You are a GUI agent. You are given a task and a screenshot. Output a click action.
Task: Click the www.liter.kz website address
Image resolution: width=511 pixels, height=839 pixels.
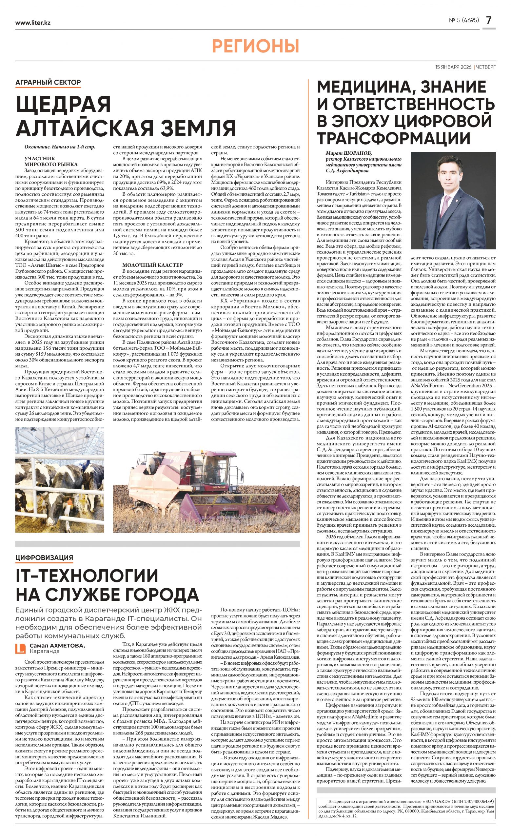(33, 23)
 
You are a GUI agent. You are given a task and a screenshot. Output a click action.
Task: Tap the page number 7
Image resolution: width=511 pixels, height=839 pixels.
(488, 20)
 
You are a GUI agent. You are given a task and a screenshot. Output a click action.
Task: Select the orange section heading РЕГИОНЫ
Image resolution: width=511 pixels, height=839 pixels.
(255, 46)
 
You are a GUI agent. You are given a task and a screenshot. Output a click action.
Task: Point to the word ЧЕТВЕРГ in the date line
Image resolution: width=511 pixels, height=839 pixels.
(486, 67)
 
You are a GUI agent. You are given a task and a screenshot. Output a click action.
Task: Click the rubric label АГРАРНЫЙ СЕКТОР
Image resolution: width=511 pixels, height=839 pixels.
(48, 82)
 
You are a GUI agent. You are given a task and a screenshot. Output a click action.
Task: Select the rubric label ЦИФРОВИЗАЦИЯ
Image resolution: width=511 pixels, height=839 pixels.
(44, 557)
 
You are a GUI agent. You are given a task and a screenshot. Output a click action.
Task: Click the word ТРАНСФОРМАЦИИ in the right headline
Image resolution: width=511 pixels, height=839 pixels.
(394, 138)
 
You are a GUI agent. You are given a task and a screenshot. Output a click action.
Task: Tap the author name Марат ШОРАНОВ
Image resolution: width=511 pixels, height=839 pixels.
(349, 153)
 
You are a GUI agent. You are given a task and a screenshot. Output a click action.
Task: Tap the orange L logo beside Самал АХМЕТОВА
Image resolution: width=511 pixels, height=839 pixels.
(21, 649)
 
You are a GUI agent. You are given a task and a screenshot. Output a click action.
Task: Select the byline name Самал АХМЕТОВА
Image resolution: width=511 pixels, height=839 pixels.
(57, 646)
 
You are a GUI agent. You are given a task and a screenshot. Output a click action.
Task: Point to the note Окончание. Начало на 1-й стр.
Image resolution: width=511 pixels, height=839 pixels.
(60, 147)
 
